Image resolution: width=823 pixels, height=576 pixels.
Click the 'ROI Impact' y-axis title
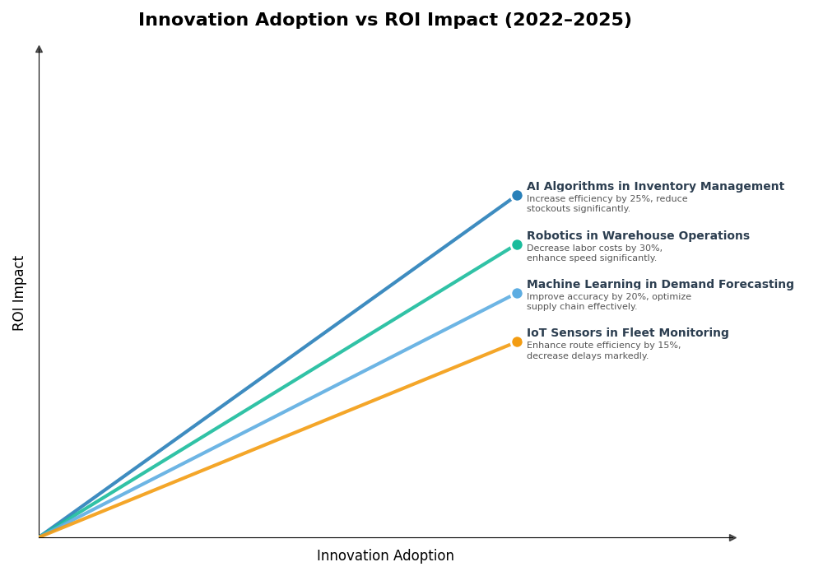(19, 293)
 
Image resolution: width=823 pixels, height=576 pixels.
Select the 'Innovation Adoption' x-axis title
(385, 556)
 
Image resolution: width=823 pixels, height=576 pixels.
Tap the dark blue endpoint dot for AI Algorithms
(517, 196)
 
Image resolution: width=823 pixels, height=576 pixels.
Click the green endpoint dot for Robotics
(517, 244)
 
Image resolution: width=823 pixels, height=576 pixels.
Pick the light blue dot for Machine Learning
(517, 293)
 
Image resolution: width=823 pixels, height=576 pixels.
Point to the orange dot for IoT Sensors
(517, 341)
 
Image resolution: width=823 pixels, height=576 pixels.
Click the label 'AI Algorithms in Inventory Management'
(655, 187)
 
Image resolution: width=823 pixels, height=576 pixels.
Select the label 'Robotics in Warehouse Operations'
(638, 236)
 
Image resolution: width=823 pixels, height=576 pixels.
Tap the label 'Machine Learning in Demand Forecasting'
(660, 285)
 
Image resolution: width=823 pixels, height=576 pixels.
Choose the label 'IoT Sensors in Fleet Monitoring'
(627, 333)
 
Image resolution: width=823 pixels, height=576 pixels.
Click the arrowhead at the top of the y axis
(39, 49)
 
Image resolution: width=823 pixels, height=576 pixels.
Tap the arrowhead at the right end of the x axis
(732, 537)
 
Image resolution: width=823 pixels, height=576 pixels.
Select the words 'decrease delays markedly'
(586, 356)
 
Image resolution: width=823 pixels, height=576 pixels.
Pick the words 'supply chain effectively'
(581, 307)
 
